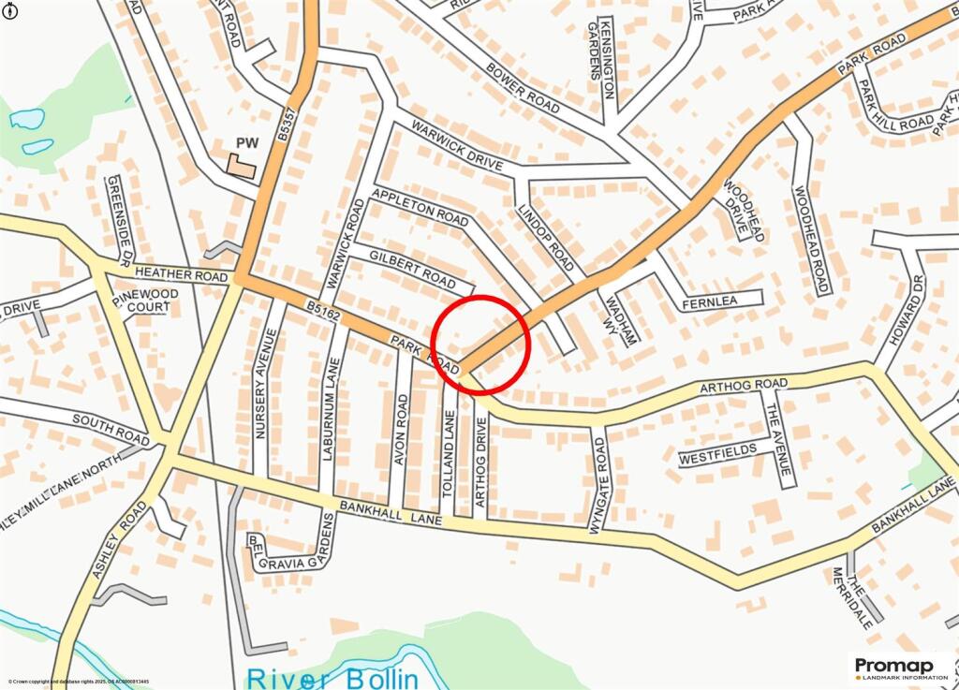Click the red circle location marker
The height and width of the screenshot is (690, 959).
(482, 344)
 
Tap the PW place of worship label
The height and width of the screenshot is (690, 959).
(246, 143)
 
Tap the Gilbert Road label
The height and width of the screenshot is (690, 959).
(412, 270)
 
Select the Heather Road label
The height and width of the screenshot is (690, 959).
(181, 276)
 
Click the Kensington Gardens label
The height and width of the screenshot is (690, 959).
(600, 58)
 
